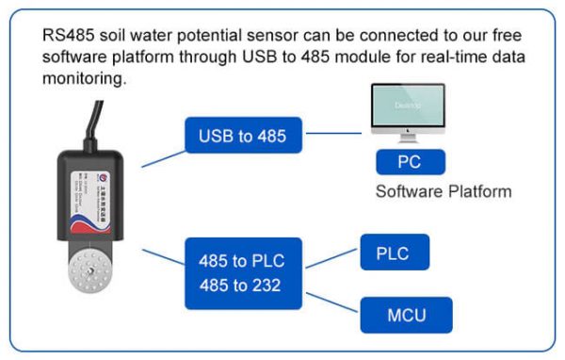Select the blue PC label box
click(409, 162)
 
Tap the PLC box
click(395, 253)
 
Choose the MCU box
click(407, 315)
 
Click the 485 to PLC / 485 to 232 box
click(241, 272)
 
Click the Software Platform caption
click(444, 192)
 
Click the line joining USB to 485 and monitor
click(335, 133)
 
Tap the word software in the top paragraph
click(75, 57)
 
